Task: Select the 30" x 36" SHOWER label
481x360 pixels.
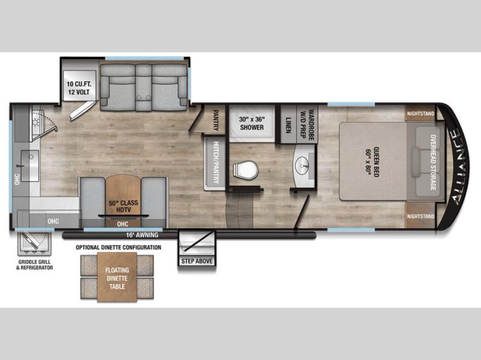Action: [x=252, y=123]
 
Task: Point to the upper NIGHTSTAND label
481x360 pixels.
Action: [x=420, y=114]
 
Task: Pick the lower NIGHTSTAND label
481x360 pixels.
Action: [x=420, y=216]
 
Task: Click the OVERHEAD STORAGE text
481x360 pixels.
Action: [x=433, y=162]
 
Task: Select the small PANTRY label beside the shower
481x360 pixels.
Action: [x=216, y=120]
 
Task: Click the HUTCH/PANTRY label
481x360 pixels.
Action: [x=216, y=162]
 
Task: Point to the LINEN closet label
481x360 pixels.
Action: [x=288, y=125]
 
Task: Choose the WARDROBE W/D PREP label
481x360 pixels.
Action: [x=307, y=125]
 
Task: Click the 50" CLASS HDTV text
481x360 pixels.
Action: [x=123, y=206]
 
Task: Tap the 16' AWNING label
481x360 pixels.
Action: [x=142, y=235]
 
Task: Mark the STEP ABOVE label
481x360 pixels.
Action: [x=197, y=261]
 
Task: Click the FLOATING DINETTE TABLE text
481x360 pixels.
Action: [x=117, y=278]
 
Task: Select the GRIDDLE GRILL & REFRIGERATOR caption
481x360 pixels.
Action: [x=34, y=264]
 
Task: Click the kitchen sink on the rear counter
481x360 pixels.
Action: [x=29, y=166]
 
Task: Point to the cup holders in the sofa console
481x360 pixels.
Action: [x=144, y=97]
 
